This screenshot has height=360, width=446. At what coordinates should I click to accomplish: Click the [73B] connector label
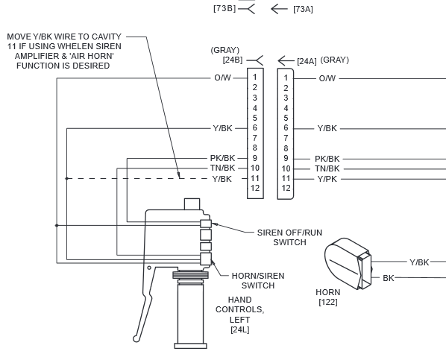(x=224, y=8)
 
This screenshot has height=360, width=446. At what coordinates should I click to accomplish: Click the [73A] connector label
(x=304, y=10)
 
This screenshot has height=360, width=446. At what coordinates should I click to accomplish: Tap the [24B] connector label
(x=233, y=60)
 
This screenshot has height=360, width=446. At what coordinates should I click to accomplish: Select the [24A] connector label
(x=307, y=61)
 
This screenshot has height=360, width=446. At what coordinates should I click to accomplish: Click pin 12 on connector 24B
(x=255, y=189)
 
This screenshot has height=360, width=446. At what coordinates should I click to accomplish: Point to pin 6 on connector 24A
(x=286, y=128)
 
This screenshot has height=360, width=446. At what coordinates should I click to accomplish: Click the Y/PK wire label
(x=327, y=179)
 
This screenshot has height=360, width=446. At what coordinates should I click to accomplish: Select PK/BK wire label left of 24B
(x=223, y=158)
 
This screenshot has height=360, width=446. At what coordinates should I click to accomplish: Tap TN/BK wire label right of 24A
(x=327, y=169)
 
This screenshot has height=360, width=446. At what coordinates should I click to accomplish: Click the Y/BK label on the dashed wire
(x=222, y=179)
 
